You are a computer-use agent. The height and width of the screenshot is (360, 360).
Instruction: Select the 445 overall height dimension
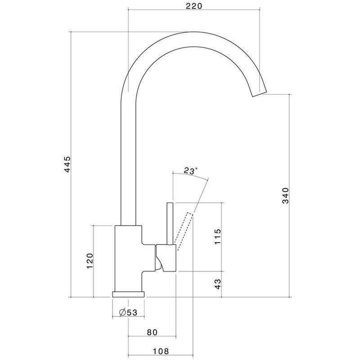pyautogui.click(x=68, y=164)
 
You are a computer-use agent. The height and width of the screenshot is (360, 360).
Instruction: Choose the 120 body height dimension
pyautogui.click(x=89, y=260)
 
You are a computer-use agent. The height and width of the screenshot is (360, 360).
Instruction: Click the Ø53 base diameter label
pyautogui.click(x=128, y=312)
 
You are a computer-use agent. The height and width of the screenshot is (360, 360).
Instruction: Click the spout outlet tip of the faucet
pyautogui.click(x=259, y=94)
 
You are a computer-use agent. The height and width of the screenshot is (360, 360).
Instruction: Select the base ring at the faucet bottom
pyautogui.click(x=128, y=294)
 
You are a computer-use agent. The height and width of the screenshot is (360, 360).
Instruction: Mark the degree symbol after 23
pyautogui.click(x=196, y=169)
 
